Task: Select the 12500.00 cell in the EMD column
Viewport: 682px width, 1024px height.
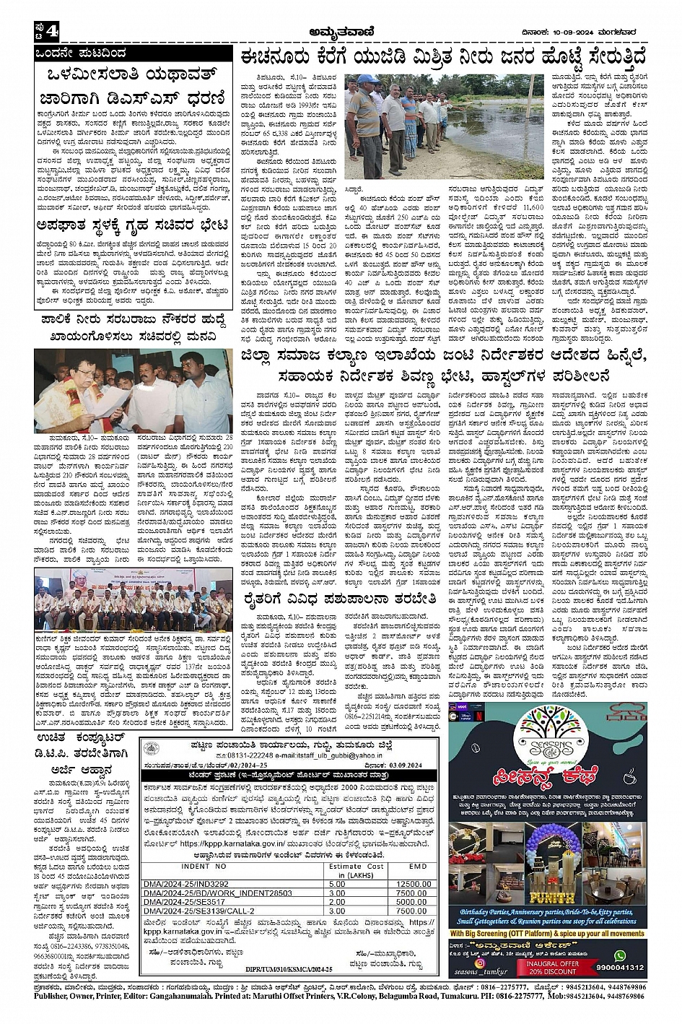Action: (x=411, y=883)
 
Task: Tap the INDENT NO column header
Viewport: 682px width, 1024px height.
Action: (x=204, y=866)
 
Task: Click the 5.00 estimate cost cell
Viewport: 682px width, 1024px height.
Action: (x=337, y=883)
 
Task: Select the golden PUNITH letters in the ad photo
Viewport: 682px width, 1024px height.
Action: (x=548, y=898)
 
